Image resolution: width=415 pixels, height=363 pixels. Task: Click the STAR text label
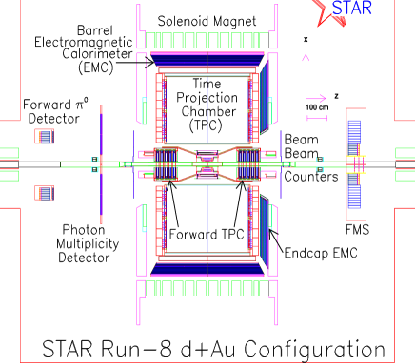351,9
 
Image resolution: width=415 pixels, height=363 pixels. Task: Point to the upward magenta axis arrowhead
306,58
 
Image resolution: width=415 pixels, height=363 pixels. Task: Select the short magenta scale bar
316,118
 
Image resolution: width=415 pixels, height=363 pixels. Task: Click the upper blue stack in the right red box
355,135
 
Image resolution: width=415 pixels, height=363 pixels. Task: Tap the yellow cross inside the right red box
355,163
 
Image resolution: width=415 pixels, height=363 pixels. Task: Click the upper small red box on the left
44,136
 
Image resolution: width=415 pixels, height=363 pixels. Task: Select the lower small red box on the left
44,193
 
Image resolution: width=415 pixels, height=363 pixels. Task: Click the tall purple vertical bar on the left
101,163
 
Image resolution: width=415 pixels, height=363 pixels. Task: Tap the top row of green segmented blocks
207,40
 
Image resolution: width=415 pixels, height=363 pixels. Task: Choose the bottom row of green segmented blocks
207,287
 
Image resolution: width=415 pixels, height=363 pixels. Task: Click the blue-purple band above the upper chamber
207,59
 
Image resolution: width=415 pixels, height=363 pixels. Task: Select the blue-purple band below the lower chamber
207,268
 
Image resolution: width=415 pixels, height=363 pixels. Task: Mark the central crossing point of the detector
207,163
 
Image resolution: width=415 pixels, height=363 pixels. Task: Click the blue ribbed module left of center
167,163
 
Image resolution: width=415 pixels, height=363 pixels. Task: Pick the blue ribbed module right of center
247,163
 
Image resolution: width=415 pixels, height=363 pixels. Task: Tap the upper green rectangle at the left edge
9,152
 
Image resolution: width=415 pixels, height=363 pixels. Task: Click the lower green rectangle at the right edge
405,176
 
